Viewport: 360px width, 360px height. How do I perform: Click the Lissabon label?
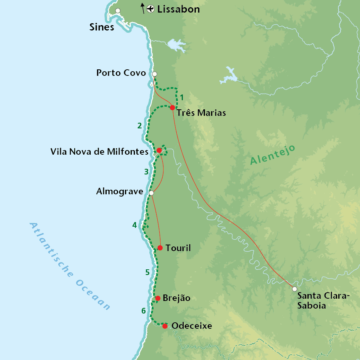click(x=179, y=10)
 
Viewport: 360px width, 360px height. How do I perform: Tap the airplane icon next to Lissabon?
click(x=150, y=9)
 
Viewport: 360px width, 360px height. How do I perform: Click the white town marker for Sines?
click(x=118, y=11)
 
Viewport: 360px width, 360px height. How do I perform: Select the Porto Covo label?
click(x=121, y=73)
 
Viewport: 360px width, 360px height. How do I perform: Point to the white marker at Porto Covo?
click(x=154, y=74)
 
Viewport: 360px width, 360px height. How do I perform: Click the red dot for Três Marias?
click(x=173, y=107)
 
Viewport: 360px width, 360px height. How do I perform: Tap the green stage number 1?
click(x=182, y=98)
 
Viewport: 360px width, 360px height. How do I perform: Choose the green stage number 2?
click(x=139, y=126)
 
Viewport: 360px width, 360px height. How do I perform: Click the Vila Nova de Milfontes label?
click(x=99, y=152)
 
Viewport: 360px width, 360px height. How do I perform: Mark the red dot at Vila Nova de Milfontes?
click(x=159, y=150)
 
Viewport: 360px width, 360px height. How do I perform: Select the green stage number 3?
click(x=146, y=172)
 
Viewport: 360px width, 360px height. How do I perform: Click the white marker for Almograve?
click(x=151, y=193)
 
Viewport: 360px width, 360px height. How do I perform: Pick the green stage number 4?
click(x=134, y=226)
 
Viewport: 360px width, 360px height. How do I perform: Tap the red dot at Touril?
click(x=160, y=248)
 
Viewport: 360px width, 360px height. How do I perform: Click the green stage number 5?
click(x=147, y=272)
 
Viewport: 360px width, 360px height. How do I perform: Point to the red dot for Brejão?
click(x=157, y=298)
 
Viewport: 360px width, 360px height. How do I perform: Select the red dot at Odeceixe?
click(x=165, y=326)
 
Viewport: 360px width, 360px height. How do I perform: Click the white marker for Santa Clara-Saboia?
click(x=294, y=289)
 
